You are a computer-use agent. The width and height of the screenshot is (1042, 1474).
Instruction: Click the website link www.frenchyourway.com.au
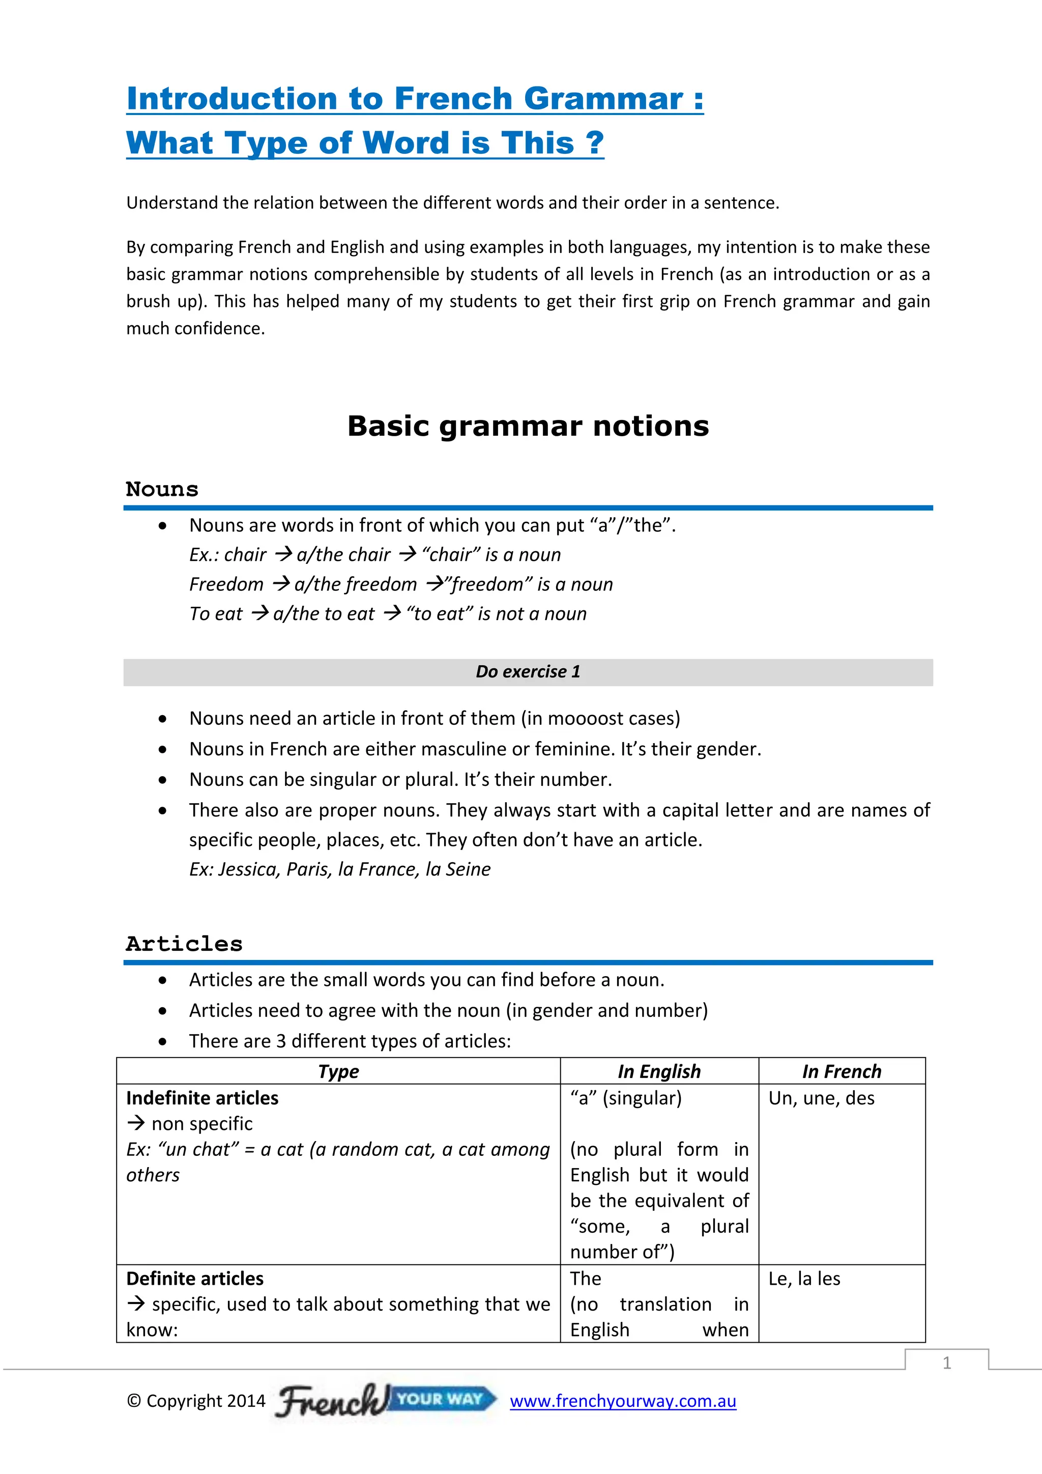tap(622, 1401)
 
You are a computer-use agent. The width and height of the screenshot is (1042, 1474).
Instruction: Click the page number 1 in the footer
tap(946, 1363)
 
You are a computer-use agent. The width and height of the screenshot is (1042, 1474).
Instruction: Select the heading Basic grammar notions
tap(528, 427)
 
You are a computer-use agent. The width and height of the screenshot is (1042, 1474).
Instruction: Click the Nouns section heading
tap(162, 489)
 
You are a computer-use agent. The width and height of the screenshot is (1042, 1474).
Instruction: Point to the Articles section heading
tap(184, 944)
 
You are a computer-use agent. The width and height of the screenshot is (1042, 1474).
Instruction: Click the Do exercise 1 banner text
tap(528, 671)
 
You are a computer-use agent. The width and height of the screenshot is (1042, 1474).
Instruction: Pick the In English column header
tap(659, 1071)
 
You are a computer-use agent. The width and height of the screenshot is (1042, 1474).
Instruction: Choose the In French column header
tap(841, 1071)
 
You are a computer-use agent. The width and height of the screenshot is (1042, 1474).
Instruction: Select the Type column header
tap(338, 1071)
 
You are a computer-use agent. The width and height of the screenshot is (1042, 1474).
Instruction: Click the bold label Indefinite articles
tap(202, 1098)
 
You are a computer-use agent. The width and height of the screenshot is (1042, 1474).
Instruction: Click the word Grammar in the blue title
tap(603, 99)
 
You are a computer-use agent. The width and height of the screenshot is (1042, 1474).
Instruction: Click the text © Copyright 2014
tap(196, 1401)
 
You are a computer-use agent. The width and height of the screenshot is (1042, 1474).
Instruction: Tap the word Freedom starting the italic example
tap(226, 584)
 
